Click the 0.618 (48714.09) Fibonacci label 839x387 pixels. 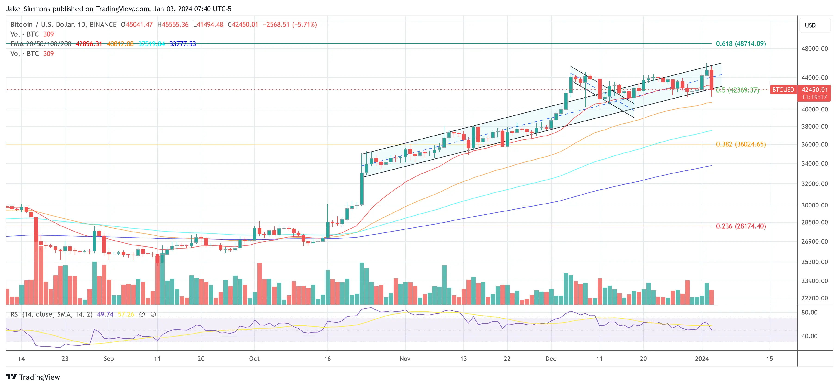tap(741, 44)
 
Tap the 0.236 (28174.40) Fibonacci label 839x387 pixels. tap(741, 226)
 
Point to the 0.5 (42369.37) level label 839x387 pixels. tap(737, 90)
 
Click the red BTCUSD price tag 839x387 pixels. tap(783, 90)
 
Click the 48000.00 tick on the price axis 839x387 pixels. tap(814, 49)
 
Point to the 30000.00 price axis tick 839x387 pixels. tap(814, 205)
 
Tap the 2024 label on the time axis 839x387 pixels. tap(702, 359)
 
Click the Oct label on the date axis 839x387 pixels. tap(254, 359)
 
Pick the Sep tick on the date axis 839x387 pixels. tap(109, 359)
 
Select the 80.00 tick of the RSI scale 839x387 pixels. tap(810, 313)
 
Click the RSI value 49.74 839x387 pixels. tap(105, 314)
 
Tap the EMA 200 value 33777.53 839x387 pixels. tap(183, 44)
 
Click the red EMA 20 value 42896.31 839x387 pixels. tap(89, 44)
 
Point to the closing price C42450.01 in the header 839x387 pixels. tap(243, 25)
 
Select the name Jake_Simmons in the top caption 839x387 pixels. tap(28, 9)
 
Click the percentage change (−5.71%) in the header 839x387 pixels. tap(305, 25)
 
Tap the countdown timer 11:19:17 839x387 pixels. tap(814, 97)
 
